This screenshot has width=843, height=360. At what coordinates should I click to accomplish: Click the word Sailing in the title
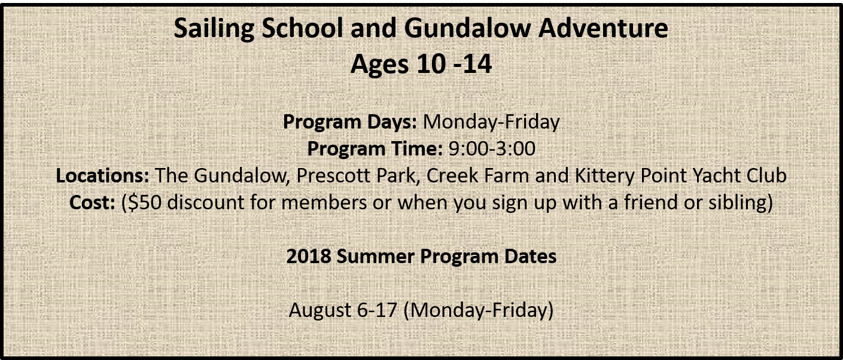(x=214, y=29)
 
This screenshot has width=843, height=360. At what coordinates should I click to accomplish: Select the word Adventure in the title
(x=603, y=28)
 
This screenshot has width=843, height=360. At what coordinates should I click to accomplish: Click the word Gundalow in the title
(x=467, y=28)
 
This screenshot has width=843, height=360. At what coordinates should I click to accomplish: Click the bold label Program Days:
(x=350, y=122)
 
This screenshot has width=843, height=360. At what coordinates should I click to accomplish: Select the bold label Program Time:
(x=375, y=148)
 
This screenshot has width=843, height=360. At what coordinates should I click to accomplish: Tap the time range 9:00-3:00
(x=492, y=148)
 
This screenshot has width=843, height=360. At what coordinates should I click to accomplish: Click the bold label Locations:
(x=102, y=175)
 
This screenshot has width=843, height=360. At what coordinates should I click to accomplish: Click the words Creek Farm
(x=477, y=175)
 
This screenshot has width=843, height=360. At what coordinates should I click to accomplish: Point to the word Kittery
(x=605, y=176)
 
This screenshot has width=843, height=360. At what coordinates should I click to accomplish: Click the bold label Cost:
(x=92, y=202)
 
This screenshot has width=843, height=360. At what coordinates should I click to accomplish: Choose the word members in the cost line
(x=324, y=202)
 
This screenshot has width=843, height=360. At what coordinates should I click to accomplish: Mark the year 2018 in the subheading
(x=309, y=257)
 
